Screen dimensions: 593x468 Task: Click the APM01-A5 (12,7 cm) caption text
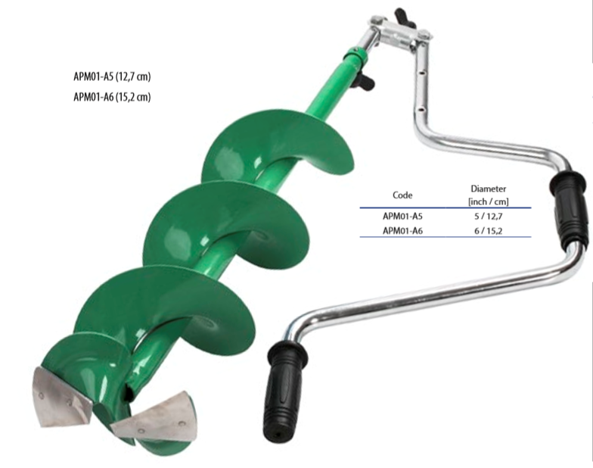point(112,76)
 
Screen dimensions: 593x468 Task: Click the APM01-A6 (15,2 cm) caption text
point(112,97)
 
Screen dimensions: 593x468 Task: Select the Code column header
point(402,195)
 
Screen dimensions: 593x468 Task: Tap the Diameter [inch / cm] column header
point(489,195)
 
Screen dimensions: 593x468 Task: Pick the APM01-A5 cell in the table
point(402,216)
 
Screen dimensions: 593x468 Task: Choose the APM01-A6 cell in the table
point(402,230)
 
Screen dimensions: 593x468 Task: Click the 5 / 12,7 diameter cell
point(489,217)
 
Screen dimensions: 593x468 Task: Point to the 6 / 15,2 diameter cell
point(489,230)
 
